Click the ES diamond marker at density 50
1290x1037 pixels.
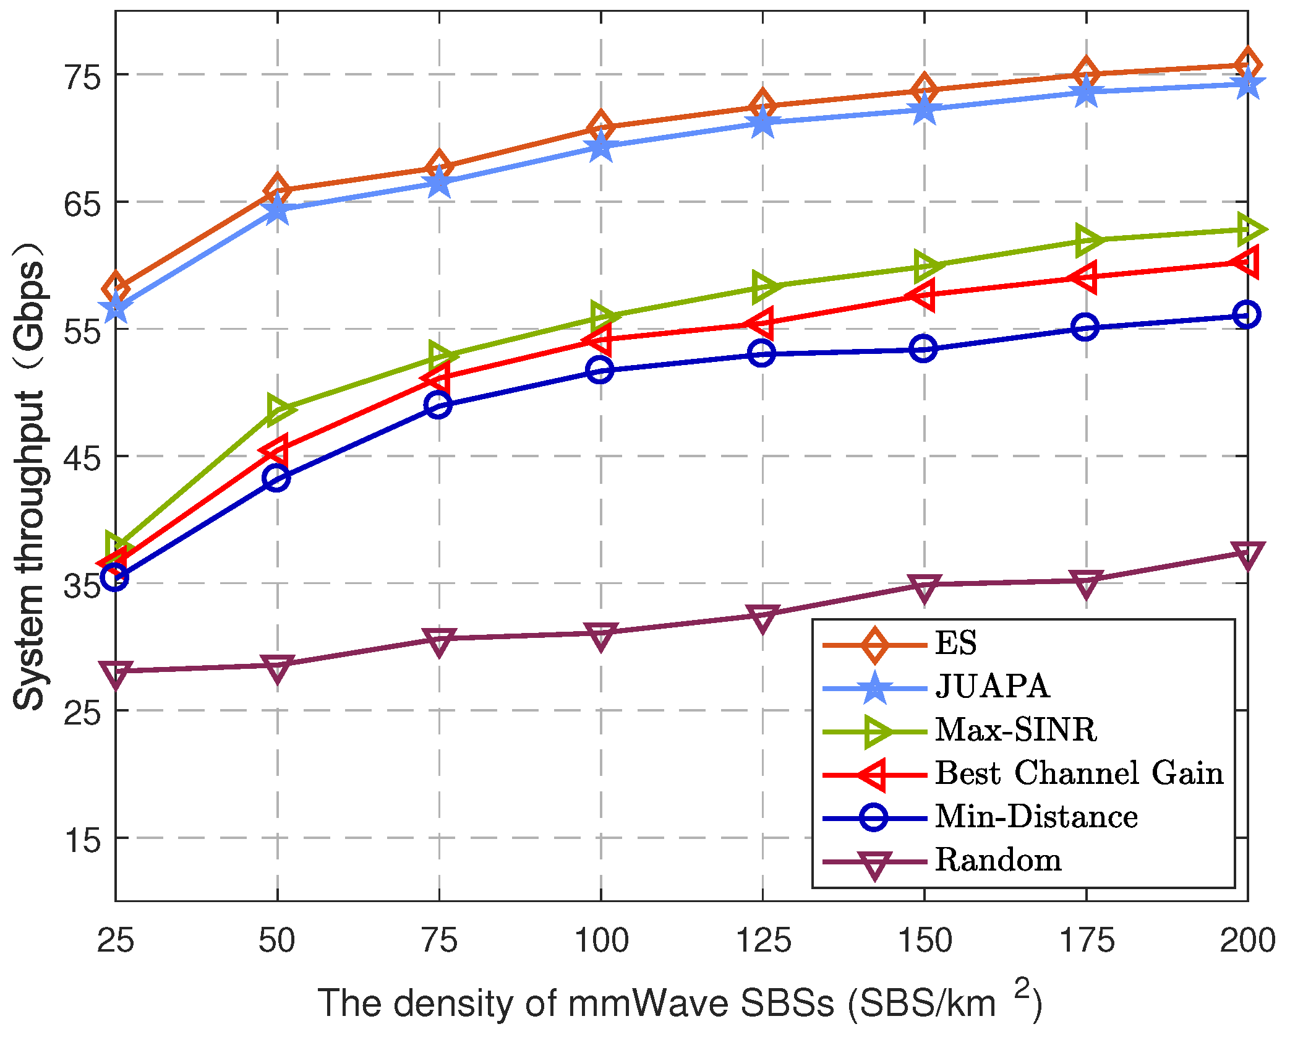pyautogui.click(x=277, y=190)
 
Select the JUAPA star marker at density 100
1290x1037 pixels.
pyautogui.click(x=600, y=147)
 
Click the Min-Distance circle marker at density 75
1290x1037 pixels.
pyautogui.click(x=438, y=405)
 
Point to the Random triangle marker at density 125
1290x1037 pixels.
pyautogui.click(x=762, y=617)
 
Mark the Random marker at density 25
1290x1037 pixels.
pyautogui.click(x=116, y=673)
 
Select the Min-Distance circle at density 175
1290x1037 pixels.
pyautogui.click(x=1085, y=327)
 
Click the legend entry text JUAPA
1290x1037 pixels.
pyautogui.click(x=992, y=686)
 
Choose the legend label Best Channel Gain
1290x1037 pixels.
pyautogui.click(x=1079, y=773)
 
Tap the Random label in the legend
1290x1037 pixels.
pyautogui.click(x=998, y=860)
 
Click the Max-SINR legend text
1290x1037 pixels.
pyautogui.click(x=1015, y=730)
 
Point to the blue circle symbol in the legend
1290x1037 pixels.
pyautogui.click(x=874, y=817)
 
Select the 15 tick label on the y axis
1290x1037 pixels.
pyautogui.click(x=82, y=840)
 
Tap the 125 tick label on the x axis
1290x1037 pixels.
pyautogui.click(x=763, y=940)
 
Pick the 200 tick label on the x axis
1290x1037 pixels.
pyautogui.click(x=1247, y=940)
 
